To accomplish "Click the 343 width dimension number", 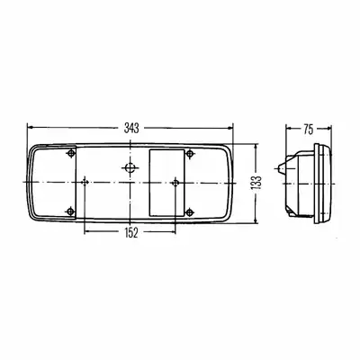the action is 131,128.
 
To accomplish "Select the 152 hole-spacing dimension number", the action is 130,232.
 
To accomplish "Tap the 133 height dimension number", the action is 256,183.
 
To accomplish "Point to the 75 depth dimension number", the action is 308,129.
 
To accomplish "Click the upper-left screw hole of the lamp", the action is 71,154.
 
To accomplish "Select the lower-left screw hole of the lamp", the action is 70,211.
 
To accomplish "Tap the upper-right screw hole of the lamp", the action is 189,154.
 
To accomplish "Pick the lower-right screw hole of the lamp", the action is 189,212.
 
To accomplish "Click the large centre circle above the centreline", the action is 130,167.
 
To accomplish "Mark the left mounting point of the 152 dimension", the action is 85,182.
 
